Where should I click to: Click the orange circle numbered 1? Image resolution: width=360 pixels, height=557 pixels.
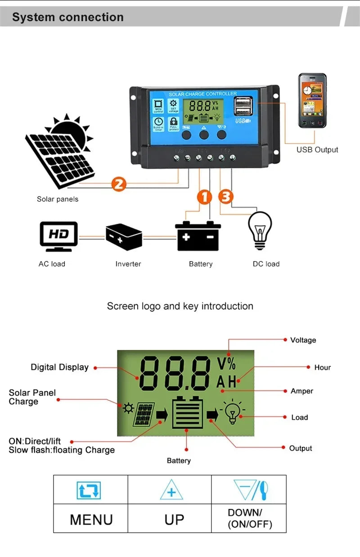205,197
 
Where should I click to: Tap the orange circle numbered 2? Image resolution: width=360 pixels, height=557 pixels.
118,184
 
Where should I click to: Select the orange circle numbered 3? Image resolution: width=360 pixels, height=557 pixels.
226,197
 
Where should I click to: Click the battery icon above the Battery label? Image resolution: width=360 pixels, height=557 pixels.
198,236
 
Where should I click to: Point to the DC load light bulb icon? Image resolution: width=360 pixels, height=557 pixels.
260,230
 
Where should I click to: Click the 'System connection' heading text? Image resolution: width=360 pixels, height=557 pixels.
67,18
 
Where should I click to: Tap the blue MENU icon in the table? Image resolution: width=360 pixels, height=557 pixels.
89,490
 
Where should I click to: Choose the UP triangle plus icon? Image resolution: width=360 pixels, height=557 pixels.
171,490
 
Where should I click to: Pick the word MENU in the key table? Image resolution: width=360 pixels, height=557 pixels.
91,519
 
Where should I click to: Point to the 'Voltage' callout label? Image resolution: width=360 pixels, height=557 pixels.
303,340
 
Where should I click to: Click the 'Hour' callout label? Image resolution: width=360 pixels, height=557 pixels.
322,367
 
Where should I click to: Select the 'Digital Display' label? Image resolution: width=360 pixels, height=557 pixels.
59,367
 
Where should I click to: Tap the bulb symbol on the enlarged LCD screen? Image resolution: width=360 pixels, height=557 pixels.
232,412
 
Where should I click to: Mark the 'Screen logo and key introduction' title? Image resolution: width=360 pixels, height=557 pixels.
180,306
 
